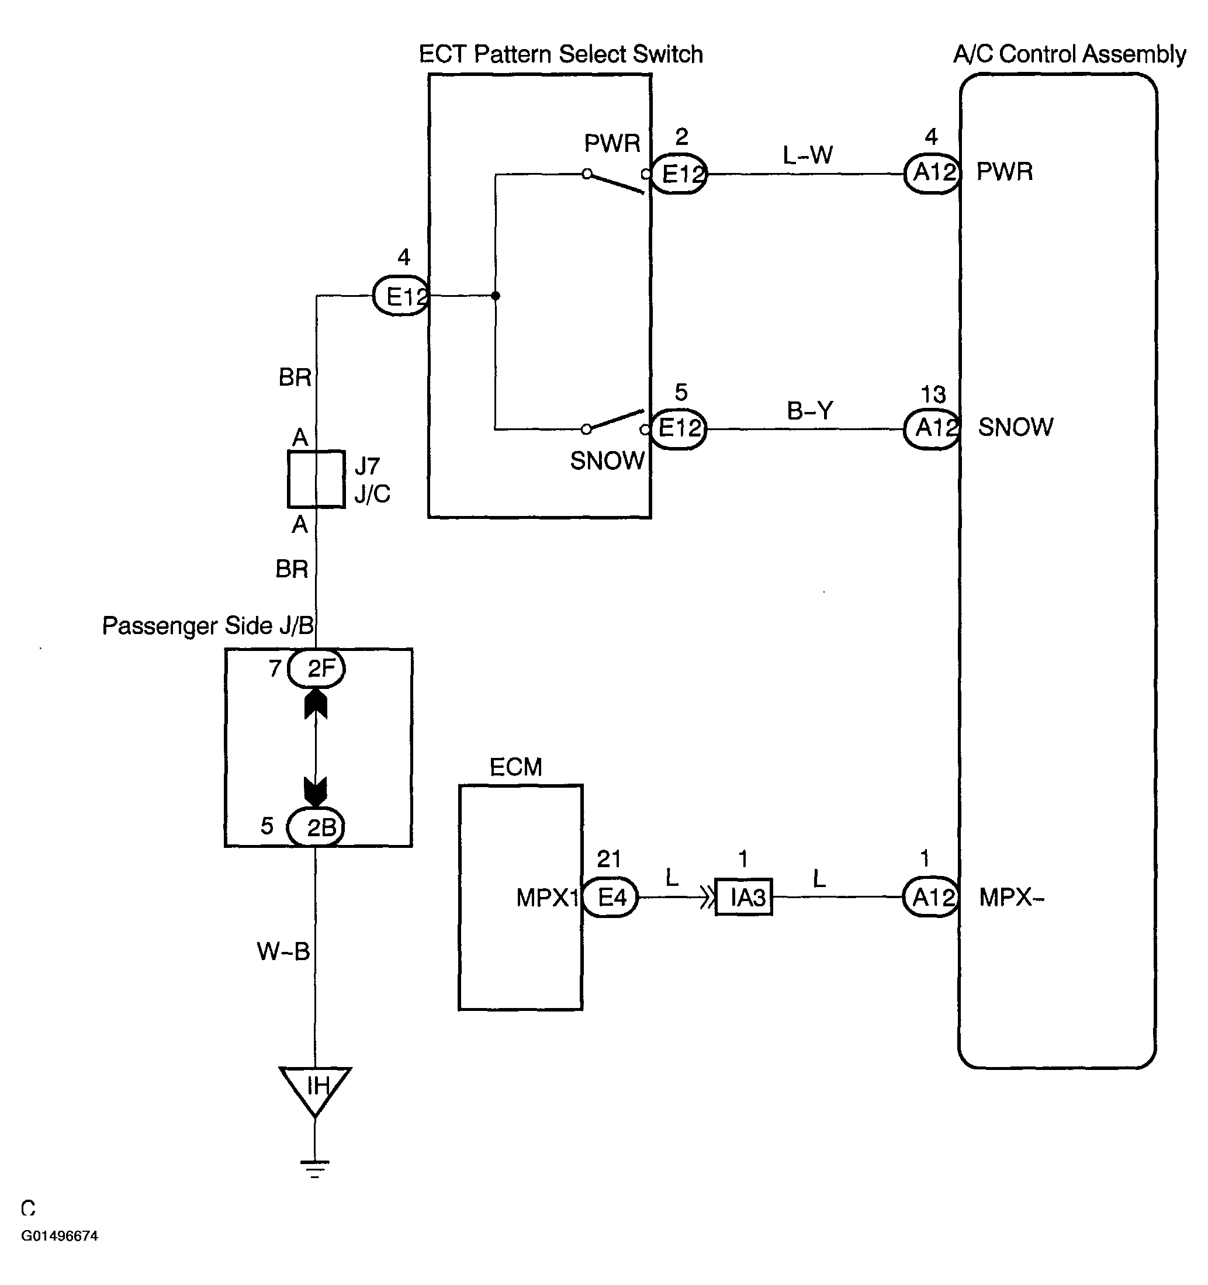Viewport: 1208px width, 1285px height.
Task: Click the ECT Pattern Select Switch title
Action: pyautogui.click(x=560, y=54)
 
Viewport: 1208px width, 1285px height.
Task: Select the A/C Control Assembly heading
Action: pyautogui.click(x=1069, y=54)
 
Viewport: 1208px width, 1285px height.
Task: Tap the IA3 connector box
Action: pyautogui.click(x=744, y=896)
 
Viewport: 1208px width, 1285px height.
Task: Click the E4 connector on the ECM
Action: pyautogui.click(x=610, y=896)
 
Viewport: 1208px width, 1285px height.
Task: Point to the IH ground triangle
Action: pyautogui.click(x=316, y=1090)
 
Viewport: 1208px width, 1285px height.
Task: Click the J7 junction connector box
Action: pyautogui.click(x=316, y=479)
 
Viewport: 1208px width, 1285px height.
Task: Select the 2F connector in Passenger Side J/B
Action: pyautogui.click(x=316, y=669)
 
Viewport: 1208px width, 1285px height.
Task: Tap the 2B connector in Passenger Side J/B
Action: pyautogui.click(x=316, y=827)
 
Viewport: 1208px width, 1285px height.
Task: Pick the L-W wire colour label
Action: pyautogui.click(x=808, y=155)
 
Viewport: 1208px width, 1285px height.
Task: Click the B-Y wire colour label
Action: pyautogui.click(x=810, y=410)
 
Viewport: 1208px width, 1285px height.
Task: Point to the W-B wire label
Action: pyautogui.click(x=284, y=951)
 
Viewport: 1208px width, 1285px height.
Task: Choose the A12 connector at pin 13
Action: pyautogui.click(x=932, y=428)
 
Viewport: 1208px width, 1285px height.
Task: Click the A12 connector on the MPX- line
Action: pyautogui.click(x=931, y=896)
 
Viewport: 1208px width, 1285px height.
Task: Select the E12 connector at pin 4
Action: pyautogui.click(x=401, y=296)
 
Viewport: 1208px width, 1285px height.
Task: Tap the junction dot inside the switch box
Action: pyautogui.click(x=496, y=296)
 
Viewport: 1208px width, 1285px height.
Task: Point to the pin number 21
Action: pyautogui.click(x=609, y=858)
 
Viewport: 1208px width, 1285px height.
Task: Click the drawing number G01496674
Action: pyautogui.click(x=60, y=1235)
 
